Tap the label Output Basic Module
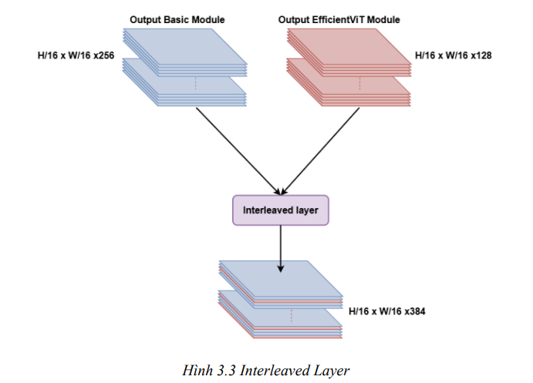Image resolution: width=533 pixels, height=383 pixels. [177, 18]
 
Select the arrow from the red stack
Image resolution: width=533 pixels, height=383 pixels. [319, 147]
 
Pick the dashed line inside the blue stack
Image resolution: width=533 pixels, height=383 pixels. [195, 83]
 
